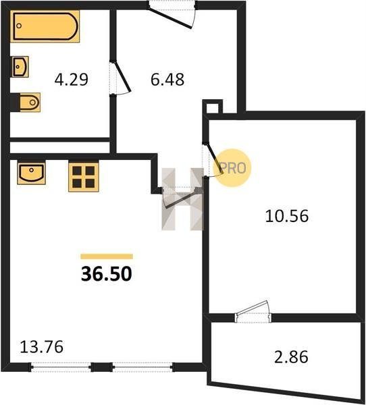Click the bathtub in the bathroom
click(45, 26)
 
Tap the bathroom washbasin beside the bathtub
click(20, 67)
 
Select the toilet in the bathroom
click(26, 103)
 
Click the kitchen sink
click(31, 173)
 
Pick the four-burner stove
click(84, 177)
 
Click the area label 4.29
click(72, 79)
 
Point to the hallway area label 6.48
click(167, 79)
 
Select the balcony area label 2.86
click(291, 356)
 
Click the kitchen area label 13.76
click(42, 347)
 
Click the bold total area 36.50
click(107, 274)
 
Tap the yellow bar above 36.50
click(107, 256)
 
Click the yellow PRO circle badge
click(232, 168)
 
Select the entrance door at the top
click(172, 15)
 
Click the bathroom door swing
click(121, 78)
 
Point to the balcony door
click(253, 312)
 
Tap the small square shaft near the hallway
click(213, 107)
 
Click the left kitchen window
click(61, 367)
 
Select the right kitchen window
click(142, 367)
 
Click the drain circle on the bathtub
click(19, 26)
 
